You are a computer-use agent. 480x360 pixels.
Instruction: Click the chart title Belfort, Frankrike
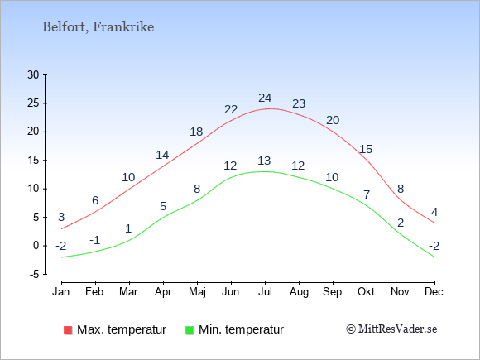click(x=98, y=27)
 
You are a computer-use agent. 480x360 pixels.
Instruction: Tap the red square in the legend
click(x=68, y=330)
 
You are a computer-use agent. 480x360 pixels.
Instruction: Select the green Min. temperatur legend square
click(x=190, y=330)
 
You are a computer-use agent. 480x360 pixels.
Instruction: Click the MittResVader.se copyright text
click(x=391, y=329)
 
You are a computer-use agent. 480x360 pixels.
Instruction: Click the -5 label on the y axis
click(x=35, y=274)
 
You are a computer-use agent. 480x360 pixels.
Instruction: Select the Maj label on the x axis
click(x=197, y=292)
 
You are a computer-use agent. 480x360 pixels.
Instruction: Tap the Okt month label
click(x=366, y=292)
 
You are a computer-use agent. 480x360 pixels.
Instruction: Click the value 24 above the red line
click(x=265, y=98)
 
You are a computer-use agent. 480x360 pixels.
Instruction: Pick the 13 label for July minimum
click(x=264, y=161)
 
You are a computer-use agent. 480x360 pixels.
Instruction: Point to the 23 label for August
click(x=299, y=103)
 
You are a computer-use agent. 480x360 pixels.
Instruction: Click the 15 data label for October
click(x=366, y=150)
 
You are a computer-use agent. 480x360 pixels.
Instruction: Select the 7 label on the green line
click(x=367, y=194)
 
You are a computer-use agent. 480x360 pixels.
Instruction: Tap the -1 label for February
click(x=95, y=240)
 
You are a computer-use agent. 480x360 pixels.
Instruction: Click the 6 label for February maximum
click(x=95, y=201)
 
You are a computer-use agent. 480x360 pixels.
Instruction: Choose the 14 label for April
click(x=162, y=156)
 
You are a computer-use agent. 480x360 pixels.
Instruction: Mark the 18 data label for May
click(x=196, y=132)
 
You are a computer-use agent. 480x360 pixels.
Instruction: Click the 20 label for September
click(x=333, y=120)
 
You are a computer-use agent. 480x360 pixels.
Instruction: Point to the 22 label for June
click(x=231, y=109)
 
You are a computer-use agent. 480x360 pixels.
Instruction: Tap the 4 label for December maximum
click(x=434, y=212)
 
